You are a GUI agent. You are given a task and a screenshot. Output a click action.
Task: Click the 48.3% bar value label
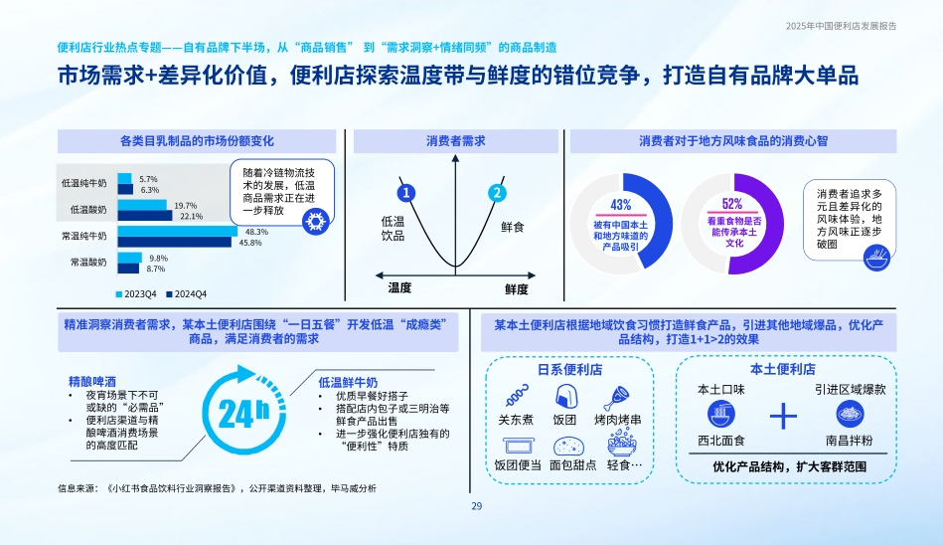(256, 232)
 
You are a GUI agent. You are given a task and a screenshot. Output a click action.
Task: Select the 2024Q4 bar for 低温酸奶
(145, 216)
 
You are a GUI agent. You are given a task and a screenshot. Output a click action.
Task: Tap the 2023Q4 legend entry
(136, 293)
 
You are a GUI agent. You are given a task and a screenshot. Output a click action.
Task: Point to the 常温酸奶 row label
(88, 262)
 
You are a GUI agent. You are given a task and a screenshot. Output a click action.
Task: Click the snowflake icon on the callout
(315, 221)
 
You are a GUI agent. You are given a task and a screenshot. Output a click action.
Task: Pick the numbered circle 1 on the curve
(406, 193)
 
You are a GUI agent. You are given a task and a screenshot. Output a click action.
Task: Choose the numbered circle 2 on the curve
(497, 193)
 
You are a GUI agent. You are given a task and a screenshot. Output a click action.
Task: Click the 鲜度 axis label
(517, 289)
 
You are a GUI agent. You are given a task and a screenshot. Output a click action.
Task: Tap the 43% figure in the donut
(621, 205)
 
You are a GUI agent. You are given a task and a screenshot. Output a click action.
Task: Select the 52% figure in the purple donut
(732, 204)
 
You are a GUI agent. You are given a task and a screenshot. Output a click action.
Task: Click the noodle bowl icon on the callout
(876, 258)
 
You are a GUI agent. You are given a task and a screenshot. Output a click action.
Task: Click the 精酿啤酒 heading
(92, 381)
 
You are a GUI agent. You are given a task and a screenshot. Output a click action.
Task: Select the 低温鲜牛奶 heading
(348, 383)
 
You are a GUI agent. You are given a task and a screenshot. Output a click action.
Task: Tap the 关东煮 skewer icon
(517, 396)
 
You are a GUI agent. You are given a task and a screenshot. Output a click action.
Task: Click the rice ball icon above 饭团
(566, 396)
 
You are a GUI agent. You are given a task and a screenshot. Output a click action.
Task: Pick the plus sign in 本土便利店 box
(783, 416)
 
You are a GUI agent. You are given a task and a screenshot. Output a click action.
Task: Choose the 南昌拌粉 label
(850, 441)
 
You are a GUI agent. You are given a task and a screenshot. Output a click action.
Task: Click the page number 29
(477, 506)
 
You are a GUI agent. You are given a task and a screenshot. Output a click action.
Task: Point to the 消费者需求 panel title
(456, 141)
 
